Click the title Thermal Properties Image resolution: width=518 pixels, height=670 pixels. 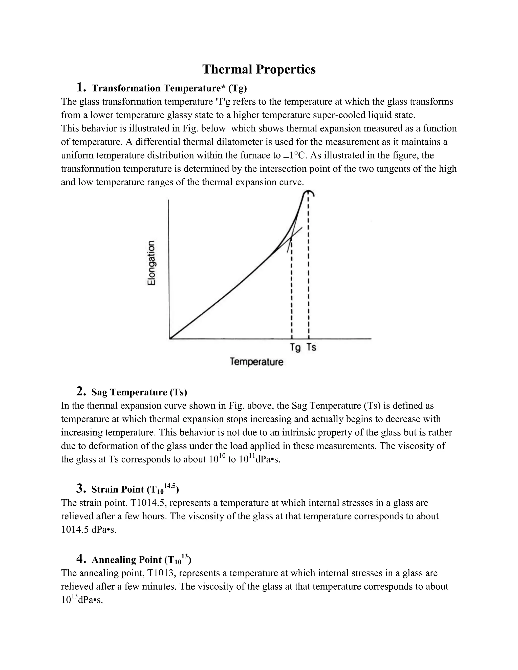pyautogui.click(x=259, y=69)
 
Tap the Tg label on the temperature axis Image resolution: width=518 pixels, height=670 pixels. pyautogui.click(x=295, y=348)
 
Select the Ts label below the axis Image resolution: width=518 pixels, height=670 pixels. pyautogui.click(x=311, y=347)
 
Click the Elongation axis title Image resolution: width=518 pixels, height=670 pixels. pyautogui.click(x=151, y=263)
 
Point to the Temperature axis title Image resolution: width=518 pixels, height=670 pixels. pyautogui.click(x=256, y=362)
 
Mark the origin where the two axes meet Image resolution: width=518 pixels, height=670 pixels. pyautogui.click(x=170, y=339)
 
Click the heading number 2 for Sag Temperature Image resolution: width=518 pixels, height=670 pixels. pyautogui.click(x=80, y=391)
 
